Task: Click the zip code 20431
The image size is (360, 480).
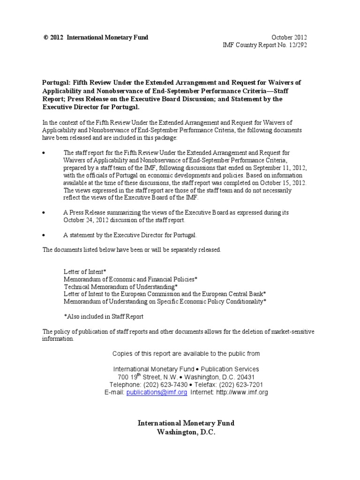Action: (244, 377)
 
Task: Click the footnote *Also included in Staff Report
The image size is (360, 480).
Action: (104, 316)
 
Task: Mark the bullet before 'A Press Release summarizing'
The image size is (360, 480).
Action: (44, 213)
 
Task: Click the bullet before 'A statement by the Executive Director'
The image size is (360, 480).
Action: (44, 234)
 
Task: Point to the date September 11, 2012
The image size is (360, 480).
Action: (277, 167)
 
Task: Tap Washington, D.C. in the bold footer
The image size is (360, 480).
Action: (186, 432)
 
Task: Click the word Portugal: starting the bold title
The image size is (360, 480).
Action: (57, 82)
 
